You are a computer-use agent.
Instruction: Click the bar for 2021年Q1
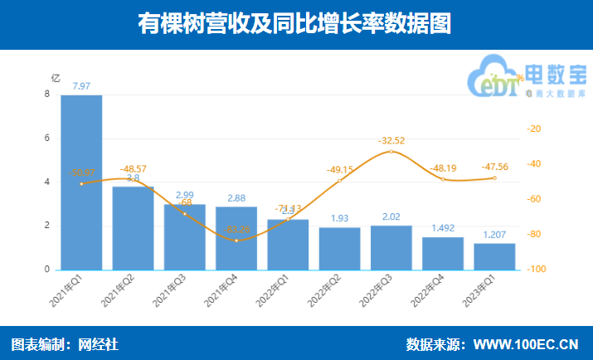81,182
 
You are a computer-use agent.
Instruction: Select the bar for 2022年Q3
391,248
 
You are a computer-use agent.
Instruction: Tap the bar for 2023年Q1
494,256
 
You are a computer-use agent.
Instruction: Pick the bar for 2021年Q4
236,238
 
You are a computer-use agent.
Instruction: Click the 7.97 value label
81,85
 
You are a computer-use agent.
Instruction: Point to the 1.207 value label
494,235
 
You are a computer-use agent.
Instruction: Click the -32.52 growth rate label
391,140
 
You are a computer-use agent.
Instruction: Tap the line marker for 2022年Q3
391,151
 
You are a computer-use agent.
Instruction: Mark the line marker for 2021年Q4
236,241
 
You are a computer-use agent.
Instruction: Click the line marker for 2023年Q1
494,178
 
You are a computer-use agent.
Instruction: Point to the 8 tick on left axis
47,95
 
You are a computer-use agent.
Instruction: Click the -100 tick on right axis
537,270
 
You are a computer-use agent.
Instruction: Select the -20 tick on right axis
535,129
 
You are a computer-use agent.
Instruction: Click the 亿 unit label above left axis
56,78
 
